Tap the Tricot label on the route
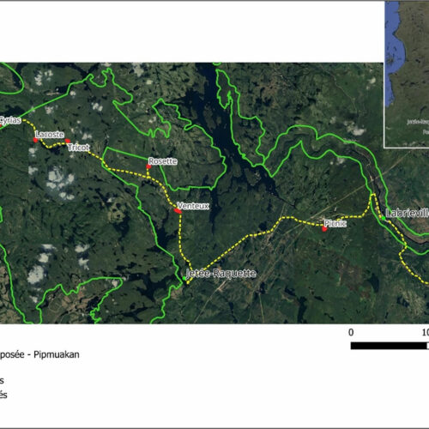pyautogui.click(x=78, y=147)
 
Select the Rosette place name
pyautogui.click(x=162, y=161)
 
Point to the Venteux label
pyautogui.click(x=192, y=206)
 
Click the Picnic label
pyautogui.click(x=335, y=223)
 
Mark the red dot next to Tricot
pyautogui.click(x=68, y=142)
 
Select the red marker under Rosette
pyautogui.click(x=148, y=167)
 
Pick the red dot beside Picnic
pyautogui.click(x=324, y=227)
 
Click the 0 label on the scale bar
pyautogui.click(x=351, y=331)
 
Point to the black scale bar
pyautogui.click(x=390, y=346)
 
